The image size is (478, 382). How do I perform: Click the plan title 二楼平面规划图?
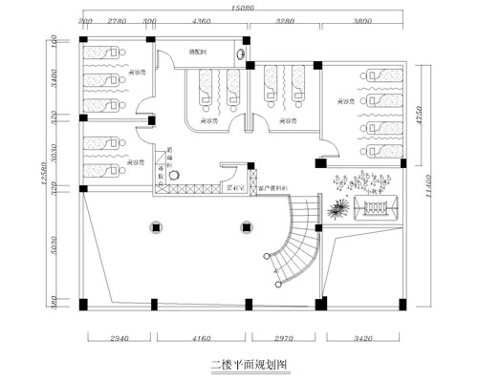click(248, 365)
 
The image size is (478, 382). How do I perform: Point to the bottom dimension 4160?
click(201, 339)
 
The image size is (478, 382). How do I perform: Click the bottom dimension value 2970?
click(284, 339)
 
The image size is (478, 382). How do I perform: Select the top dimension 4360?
click(202, 19)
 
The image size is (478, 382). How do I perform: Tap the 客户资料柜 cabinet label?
click(274, 189)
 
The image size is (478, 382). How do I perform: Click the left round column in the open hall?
click(156, 227)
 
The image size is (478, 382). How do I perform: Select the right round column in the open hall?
click(247, 227)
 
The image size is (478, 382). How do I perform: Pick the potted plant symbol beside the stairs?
click(337, 209)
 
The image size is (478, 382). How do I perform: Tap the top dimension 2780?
click(118, 19)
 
